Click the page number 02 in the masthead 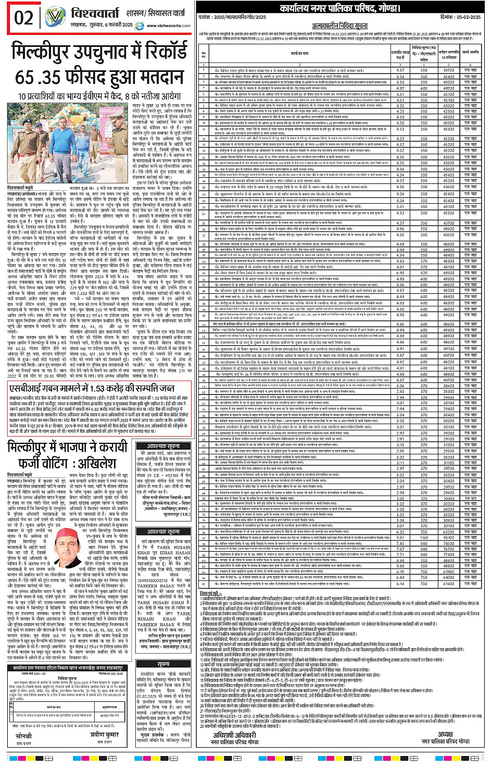click(23, 17)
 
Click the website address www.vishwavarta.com click(168, 26)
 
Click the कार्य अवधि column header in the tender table click(471, 52)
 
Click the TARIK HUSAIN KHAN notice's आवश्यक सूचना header click(163, 531)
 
